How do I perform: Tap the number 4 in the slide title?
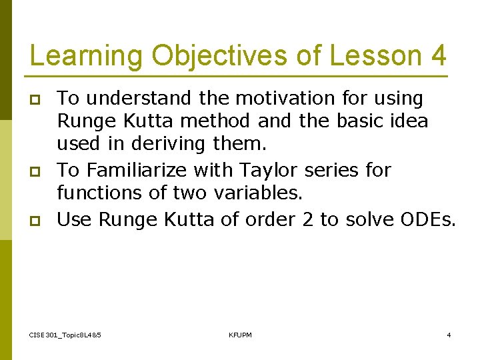[x=438, y=56]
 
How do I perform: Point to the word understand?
[x=141, y=99]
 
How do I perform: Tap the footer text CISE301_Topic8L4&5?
[x=65, y=335]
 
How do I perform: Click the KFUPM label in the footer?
[x=240, y=335]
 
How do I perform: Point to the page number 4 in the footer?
[x=449, y=335]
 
